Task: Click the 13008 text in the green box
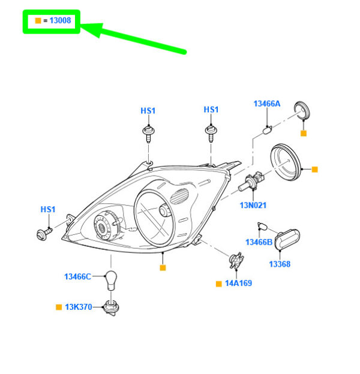coord(59,21)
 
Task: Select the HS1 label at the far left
coord(47,209)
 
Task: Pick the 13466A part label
coord(266,104)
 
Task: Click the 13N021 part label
coord(253,205)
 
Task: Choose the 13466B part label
coord(259,242)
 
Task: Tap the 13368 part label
coord(279,264)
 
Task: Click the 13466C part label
coord(78,276)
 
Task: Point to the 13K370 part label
coord(79,307)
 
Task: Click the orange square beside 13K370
coord(59,307)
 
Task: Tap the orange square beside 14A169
coord(219,283)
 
